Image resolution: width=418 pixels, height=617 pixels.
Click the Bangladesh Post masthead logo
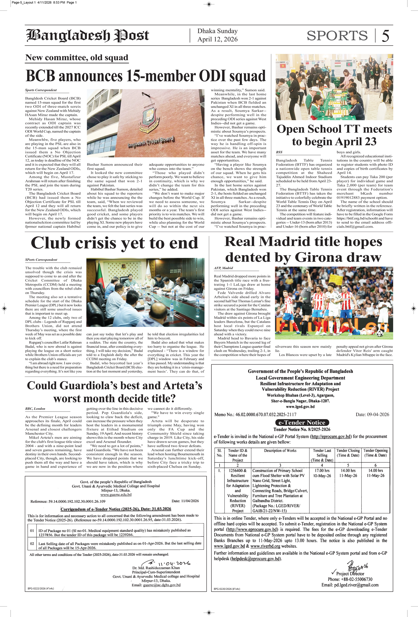click(x=88, y=36)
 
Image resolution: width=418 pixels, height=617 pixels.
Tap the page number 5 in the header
click(x=385, y=36)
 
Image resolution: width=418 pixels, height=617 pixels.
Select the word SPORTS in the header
click(x=337, y=36)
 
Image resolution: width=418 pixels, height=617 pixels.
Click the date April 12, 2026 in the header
click(x=217, y=39)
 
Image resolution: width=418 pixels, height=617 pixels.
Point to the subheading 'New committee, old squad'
click(x=77, y=58)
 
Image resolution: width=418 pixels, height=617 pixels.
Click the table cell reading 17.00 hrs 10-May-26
click(x=322, y=473)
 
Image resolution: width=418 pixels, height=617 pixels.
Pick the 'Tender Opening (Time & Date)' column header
click(x=375, y=453)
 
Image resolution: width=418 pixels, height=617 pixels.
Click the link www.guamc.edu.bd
click(x=116, y=495)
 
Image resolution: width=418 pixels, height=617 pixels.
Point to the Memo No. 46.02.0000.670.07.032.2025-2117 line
click(x=255, y=415)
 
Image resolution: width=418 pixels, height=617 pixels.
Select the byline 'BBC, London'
click(x=35, y=409)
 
